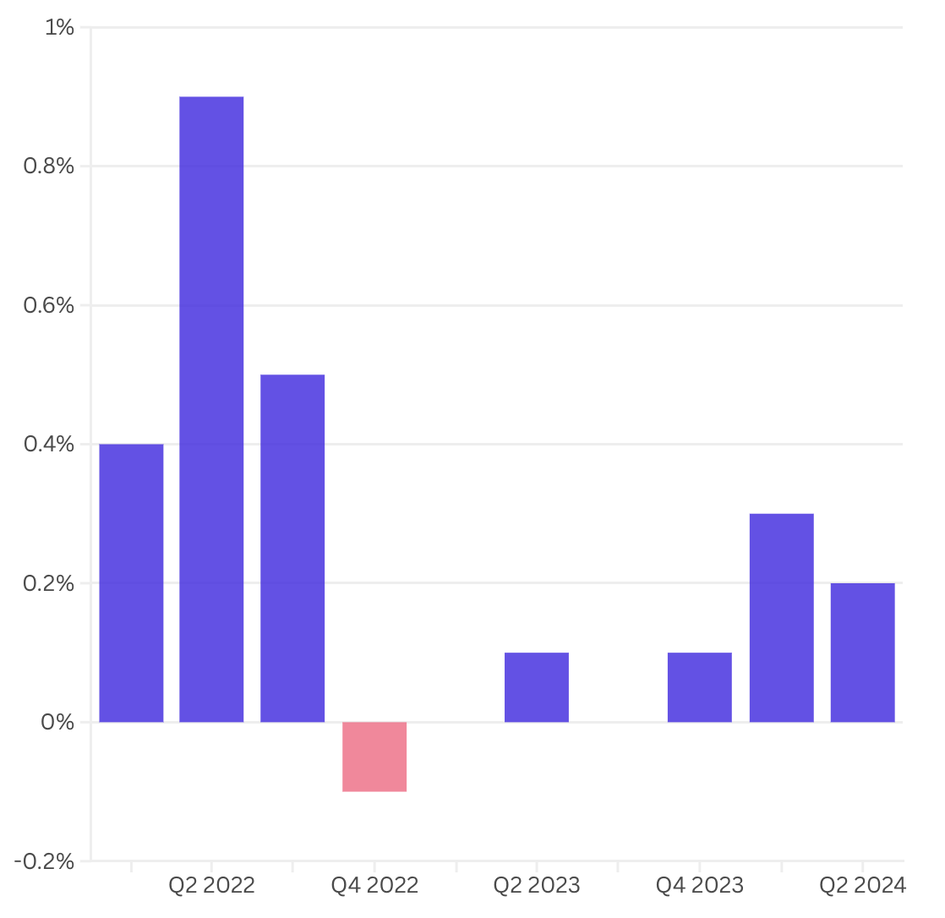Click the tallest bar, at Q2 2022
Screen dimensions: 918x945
pyautogui.click(x=211, y=409)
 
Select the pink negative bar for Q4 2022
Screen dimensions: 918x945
pyautogui.click(x=374, y=757)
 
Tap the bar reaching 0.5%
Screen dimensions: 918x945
pyautogui.click(x=292, y=548)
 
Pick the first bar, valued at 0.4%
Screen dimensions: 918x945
pyautogui.click(x=131, y=582)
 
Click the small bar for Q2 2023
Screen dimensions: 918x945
pyautogui.click(x=537, y=687)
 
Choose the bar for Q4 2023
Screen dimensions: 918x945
pyautogui.click(x=700, y=687)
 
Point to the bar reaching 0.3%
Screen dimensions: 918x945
pyautogui.click(x=782, y=617)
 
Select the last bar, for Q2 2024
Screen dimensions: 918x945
pyautogui.click(x=862, y=652)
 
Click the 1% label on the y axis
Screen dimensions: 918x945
pyautogui.click(x=59, y=28)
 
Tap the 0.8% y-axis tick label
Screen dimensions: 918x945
pyautogui.click(x=49, y=167)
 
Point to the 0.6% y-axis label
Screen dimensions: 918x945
pyautogui.click(x=49, y=305)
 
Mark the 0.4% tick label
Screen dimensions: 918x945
pyautogui.click(x=49, y=445)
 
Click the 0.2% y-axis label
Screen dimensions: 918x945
pyautogui.click(x=49, y=583)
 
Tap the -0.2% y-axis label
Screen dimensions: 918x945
pyautogui.click(x=45, y=861)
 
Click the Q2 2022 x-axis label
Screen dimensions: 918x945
pyautogui.click(x=211, y=885)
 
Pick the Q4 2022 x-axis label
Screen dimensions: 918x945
pyautogui.click(x=374, y=885)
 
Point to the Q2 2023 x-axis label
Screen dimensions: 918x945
pyautogui.click(x=537, y=885)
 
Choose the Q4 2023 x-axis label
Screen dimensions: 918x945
pyautogui.click(x=700, y=885)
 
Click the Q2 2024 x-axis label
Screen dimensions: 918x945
pyautogui.click(x=862, y=885)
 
